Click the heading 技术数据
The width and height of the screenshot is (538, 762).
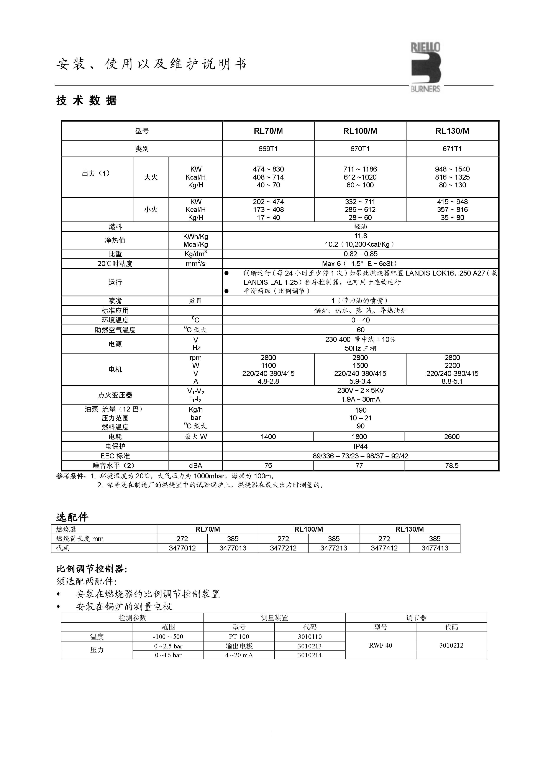click(87, 101)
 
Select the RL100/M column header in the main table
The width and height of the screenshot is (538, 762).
click(360, 131)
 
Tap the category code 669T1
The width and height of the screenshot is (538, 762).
click(268, 149)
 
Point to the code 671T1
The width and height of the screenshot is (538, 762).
click(452, 149)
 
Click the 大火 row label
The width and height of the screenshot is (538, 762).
click(151, 177)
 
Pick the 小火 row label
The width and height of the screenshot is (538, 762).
click(151, 210)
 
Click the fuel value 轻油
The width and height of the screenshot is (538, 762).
click(360, 227)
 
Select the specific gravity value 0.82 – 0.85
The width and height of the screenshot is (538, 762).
click(360, 254)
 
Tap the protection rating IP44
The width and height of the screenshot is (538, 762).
click(360, 446)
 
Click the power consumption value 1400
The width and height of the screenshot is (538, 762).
click(268, 437)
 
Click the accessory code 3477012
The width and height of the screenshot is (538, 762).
click(182, 548)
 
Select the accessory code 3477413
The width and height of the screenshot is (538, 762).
click(435, 548)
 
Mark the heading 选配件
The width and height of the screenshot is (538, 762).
click(72, 517)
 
